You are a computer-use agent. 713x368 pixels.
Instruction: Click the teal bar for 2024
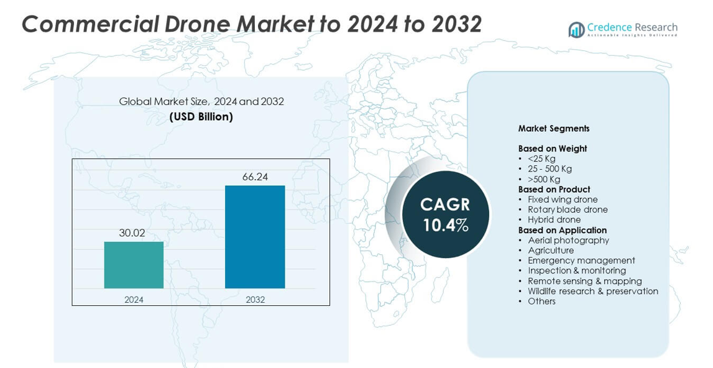(x=134, y=265)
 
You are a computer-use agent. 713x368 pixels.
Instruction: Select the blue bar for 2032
(x=255, y=237)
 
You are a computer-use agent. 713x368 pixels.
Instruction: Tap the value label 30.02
(x=132, y=233)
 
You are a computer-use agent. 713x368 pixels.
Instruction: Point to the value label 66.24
(x=255, y=177)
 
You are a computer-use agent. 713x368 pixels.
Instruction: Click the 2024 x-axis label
(x=134, y=300)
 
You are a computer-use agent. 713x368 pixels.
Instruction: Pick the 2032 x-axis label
(x=255, y=300)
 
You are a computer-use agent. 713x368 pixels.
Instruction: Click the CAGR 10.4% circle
(x=445, y=214)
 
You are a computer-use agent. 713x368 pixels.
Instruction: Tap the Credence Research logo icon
(x=576, y=30)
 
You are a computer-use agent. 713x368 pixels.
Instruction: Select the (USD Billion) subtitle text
(x=201, y=117)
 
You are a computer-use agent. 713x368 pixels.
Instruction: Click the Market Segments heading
(x=554, y=129)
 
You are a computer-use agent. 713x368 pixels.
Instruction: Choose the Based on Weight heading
(x=553, y=149)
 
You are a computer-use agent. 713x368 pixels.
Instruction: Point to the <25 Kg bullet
(x=541, y=159)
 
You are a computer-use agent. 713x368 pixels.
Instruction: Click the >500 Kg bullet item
(x=544, y=179)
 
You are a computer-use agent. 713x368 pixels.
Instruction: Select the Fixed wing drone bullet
(x=563, y=200)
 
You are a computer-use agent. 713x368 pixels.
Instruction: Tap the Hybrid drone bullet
(x=554, y=219)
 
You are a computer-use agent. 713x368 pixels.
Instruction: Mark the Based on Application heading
(x=563, y=230)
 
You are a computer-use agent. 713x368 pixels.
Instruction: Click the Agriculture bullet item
(x=551, y=251)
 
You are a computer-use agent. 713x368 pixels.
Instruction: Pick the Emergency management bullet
(x=581, y=260)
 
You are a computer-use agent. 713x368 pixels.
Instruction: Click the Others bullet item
(x=541, y=301)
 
